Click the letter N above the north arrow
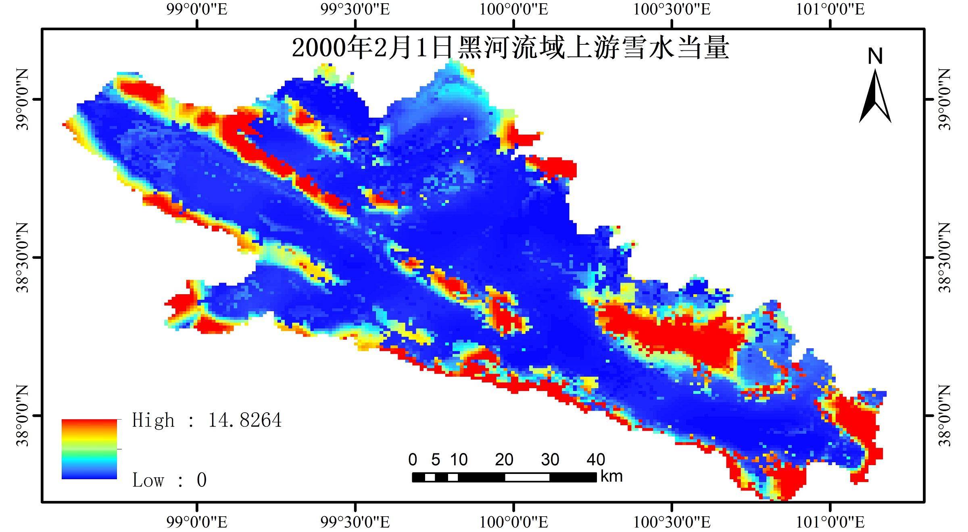[875, 56]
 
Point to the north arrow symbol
[875, 97]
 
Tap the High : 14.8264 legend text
[207, 420]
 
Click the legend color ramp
[89, 449]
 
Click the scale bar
[504, 477]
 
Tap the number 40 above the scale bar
[596, 459]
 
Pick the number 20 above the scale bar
[504, 459]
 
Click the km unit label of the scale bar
[611, 476]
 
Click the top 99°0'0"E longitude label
[197, 9]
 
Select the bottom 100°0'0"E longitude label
[513, 522]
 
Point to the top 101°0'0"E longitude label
[830, 9]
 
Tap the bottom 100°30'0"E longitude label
[672, 522]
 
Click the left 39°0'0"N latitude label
[23, 100]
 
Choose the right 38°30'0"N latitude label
[945, 258]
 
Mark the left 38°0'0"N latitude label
[23, 416]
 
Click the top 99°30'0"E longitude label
[355, 9]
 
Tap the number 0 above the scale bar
[412, 459]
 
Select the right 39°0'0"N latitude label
[945, 100]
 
